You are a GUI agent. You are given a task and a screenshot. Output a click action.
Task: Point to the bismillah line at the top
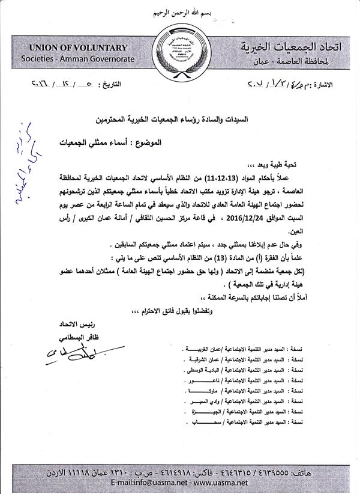pyautogui.click(x=181, y=13)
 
